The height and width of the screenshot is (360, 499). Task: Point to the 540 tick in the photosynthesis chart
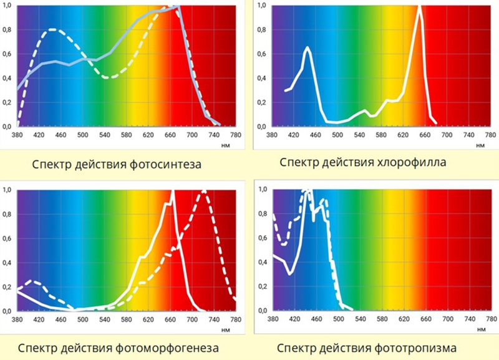click(x=105, y=134)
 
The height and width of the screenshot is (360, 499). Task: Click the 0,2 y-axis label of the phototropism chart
click(x=262, y=286)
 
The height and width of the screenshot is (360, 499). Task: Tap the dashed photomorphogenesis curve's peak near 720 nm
click(x=203, y=192)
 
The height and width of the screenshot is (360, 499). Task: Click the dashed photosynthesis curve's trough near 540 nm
click(x=107, y=77)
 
